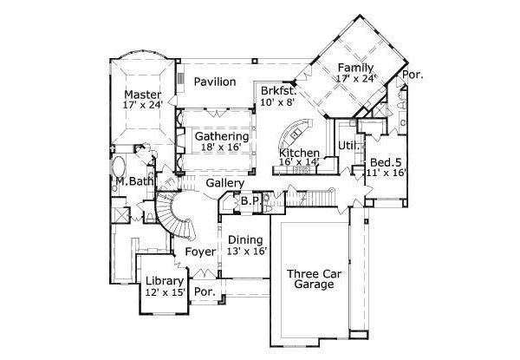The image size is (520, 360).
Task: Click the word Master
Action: [143, 94]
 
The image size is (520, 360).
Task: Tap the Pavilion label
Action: [215, 82]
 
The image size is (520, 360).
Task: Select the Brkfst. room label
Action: [278, 90]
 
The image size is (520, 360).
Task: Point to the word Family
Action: [355, 68]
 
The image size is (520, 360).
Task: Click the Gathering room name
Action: [221, 136]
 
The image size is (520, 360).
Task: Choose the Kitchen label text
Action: [300, 153]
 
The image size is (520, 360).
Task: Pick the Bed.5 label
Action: [386, 162]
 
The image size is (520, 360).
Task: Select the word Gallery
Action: [224, 184]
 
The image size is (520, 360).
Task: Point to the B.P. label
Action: [250, 200]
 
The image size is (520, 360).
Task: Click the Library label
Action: [164, 281]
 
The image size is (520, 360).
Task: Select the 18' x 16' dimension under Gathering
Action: [221, 148]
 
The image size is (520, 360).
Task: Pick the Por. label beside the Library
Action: [205, 292]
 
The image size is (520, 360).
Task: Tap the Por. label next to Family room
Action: [413, 75]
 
